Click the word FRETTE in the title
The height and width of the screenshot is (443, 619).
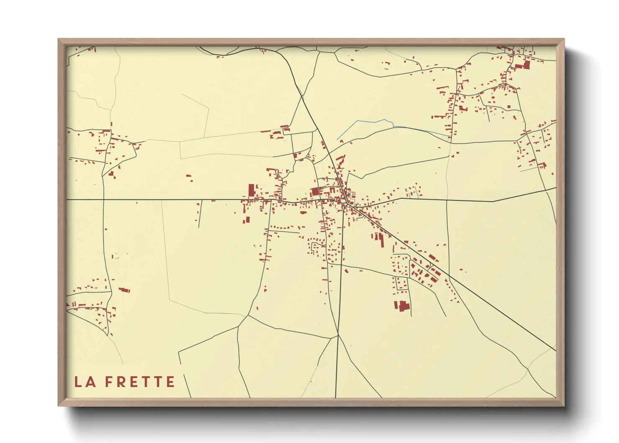[x=140, y=382]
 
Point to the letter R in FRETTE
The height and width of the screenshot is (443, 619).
[x=121, y=382]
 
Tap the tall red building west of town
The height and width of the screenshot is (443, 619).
[x=251, y=191]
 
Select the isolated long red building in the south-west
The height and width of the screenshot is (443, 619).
[x=124, y=290]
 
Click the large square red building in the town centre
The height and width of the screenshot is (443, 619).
[x=315, y=192]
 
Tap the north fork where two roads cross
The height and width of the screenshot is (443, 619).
[x=302, y=97]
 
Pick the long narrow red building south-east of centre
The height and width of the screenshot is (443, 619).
[x=381, y=239]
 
